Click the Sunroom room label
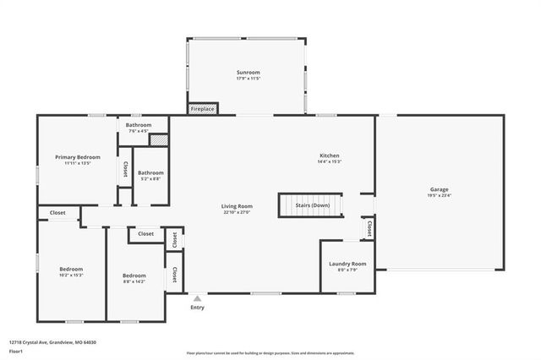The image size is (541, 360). [x=247, y=74]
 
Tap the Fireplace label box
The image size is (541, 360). [x=202, y=109]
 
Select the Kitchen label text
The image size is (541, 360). [x=329, y=155]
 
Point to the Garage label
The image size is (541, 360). [x=439, y=189]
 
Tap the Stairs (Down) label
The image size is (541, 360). [x=312, y=205]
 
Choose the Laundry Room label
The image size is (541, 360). [x=347, y=264]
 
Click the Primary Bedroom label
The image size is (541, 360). [x=78, y=157]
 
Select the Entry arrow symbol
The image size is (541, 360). [x=198, y=298]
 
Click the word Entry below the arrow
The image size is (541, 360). [x=198, y=308]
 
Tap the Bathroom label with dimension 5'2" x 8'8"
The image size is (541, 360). [x=150, y=173]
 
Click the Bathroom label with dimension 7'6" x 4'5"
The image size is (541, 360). [x=139, y=125]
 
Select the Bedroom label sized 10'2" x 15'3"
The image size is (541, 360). [x=71, y=270]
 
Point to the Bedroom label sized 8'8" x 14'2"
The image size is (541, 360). [x=134, y=275]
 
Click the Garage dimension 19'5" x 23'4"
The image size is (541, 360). [x=439, y=195]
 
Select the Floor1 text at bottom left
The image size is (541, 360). [x=15, y=351]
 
